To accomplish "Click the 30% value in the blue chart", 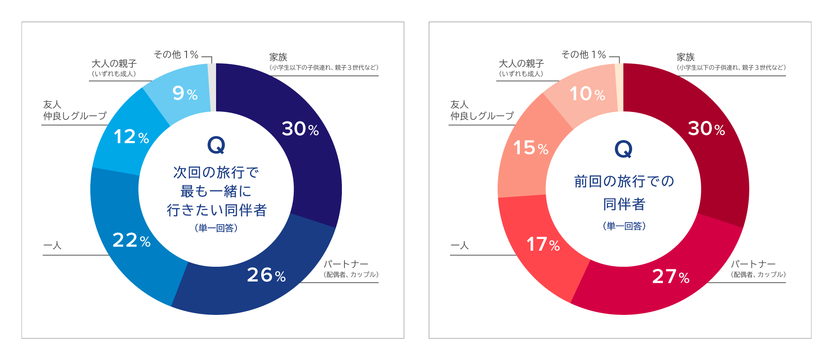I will pyautogui.click(x=300, y=129).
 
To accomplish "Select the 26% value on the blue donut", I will pyautogui.click(x=266, y=275).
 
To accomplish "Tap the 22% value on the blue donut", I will pyautogui.click(x=131, y=240).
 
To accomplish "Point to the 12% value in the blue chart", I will pyautogui.click(x=131, y=137).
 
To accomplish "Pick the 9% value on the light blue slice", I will pyautogui.click(x=185, y=93).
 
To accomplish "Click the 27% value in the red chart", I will pyautogui.click(x=671, y=277).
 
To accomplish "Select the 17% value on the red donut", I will pyautogui.click(x=543, y=245).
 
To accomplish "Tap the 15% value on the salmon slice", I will pyautogui.click(x=531, y=148).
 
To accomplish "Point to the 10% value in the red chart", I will pyautogui.click(x=587, y=94).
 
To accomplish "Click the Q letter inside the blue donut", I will pyautogui.click(x=216, y=145).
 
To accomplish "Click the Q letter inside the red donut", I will pyautogui.click(x=623, y=149).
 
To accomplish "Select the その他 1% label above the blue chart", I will pyautogui.click(x=176, y=55).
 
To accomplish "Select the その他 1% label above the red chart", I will pyautogui.click(x=584, y=55).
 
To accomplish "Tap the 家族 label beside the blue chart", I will pyautogui.click(x=279, y=57).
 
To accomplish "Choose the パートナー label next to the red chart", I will pyautogui.click(x=753, y=264).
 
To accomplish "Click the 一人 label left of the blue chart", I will pyautogui.click(x=52, y=245).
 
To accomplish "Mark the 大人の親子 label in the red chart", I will pyautogui.click(x=521, y=64).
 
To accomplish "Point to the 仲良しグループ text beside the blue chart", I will pyautogui.click(x=75, y=116).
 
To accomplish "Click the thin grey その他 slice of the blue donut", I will pyautogui.click(x=212, y=87).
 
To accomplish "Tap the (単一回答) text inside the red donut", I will pyautogui.click(x=624, y=226).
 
